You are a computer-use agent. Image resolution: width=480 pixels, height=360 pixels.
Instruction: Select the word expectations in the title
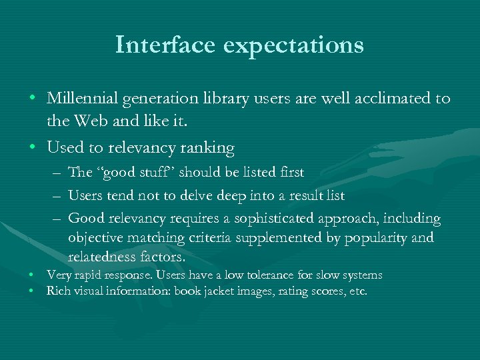click(x=295, y=45)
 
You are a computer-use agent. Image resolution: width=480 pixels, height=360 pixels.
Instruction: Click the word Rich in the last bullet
click(x=57, y=291)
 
